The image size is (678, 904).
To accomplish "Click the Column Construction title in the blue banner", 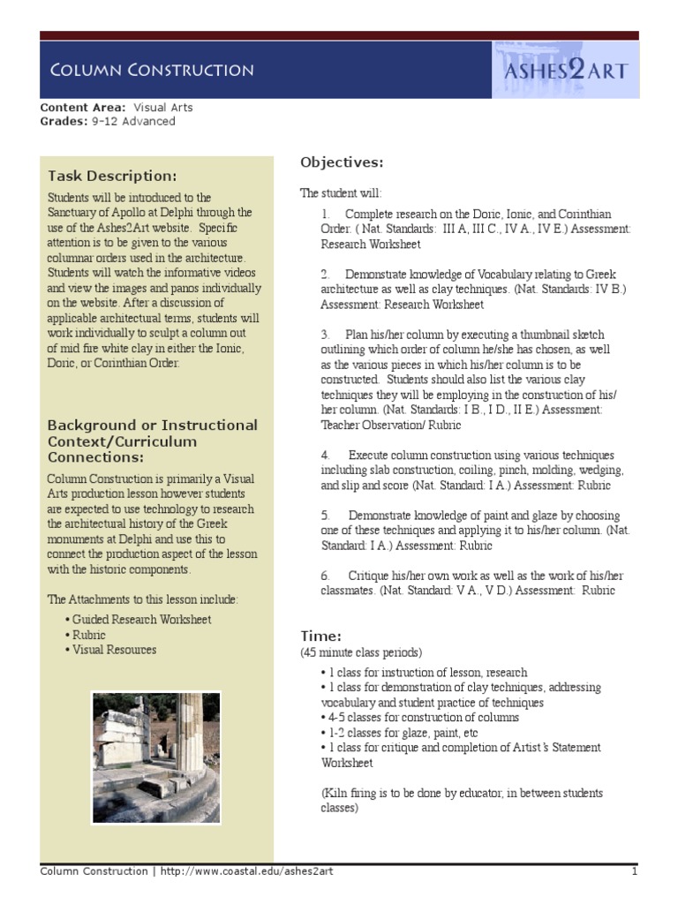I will [151, 70].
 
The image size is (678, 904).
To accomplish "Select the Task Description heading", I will [112, 175].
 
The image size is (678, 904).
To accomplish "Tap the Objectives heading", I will [342, 162].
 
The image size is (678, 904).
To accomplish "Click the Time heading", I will [320, 636].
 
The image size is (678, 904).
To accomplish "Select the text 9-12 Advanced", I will [133, 121].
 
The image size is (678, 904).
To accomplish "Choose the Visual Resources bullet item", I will [112, 650].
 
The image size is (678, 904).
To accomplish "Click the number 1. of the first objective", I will [326, 215].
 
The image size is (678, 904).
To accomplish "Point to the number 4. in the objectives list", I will [326, 455].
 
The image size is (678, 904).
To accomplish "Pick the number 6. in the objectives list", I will [326, 576].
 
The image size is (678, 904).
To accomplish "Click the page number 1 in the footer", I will [634, 871].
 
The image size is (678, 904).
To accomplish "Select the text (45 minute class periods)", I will [361, 652].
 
